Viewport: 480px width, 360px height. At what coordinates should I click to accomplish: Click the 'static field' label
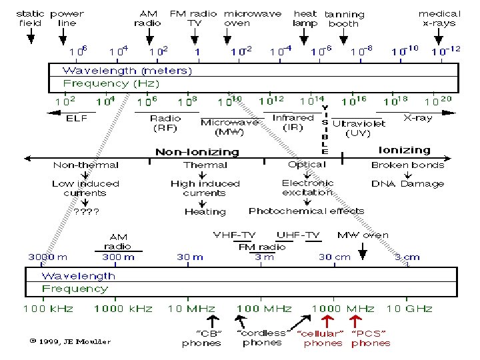pos(30,18)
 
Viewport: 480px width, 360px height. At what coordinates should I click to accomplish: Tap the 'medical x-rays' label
pos(439,18)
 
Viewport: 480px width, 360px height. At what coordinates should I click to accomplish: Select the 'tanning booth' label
pos(344,19)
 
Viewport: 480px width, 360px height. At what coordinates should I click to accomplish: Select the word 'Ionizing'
pos(405,150)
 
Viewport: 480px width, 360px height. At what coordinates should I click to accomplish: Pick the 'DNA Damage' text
pos(407,183)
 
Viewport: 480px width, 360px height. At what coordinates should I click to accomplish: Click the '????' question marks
pos(87,211)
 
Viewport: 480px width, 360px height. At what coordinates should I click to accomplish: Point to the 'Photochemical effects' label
pos(306,211)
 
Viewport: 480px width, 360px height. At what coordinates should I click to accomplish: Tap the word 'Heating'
pos(205,212)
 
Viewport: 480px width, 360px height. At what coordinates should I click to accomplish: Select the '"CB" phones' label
pos(201,338)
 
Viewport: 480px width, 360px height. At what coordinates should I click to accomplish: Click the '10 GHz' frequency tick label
pos(409,308)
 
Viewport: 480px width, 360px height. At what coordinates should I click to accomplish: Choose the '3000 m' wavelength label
pos(47,257)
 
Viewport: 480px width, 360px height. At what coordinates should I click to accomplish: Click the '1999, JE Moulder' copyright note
pos(69,342)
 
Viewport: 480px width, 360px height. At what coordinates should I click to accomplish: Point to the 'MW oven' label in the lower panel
pos(363,235)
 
